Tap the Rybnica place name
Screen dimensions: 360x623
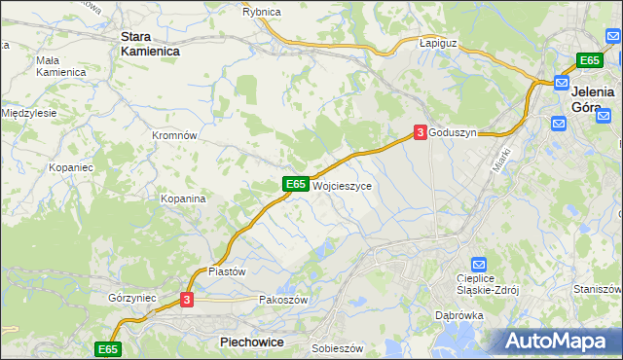[x=261, y=11]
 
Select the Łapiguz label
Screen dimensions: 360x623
[x=438, y=44]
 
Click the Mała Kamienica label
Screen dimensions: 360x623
[x=60, y=66]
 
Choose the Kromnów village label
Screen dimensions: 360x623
[x=175, y=135]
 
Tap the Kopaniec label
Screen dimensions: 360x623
[x=70, y=167]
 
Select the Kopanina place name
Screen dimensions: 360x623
[x=183, y=198]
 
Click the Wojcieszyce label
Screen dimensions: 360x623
[x=341, y=184]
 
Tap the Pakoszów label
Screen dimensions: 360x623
[x=283, y=300]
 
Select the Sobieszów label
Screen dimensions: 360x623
[x=337, y=347]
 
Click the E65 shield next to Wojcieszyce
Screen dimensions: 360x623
[x=296, y=183]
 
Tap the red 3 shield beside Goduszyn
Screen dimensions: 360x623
[x=420, y=131]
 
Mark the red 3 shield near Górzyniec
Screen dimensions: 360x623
[x=187, y=300]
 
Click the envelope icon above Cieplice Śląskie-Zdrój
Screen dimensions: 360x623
[x=478, y=264]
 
